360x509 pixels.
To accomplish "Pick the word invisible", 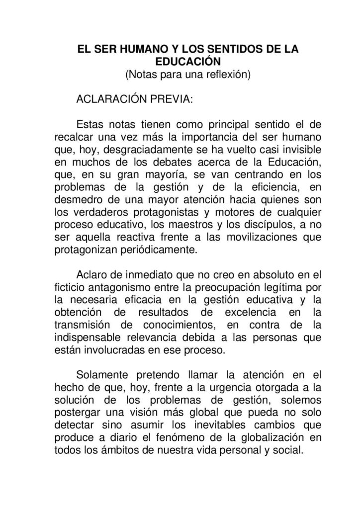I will [297, 149].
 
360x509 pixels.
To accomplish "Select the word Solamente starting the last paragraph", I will [102, 374].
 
